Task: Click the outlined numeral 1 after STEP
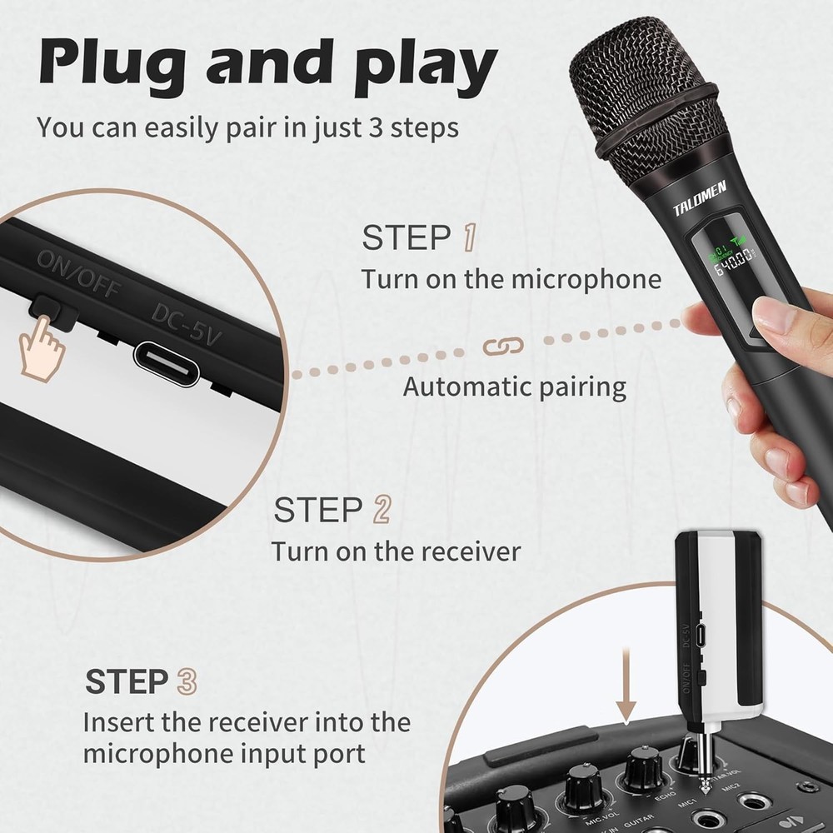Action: (x=469, y=237)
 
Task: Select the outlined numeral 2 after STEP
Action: (x=380, y=510)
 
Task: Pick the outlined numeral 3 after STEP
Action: (x=187, y=681)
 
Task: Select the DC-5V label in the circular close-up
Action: (x=187, y=320)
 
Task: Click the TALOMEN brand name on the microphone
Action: (x=700, y=200)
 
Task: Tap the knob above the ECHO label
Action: (x=643, y=766)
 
